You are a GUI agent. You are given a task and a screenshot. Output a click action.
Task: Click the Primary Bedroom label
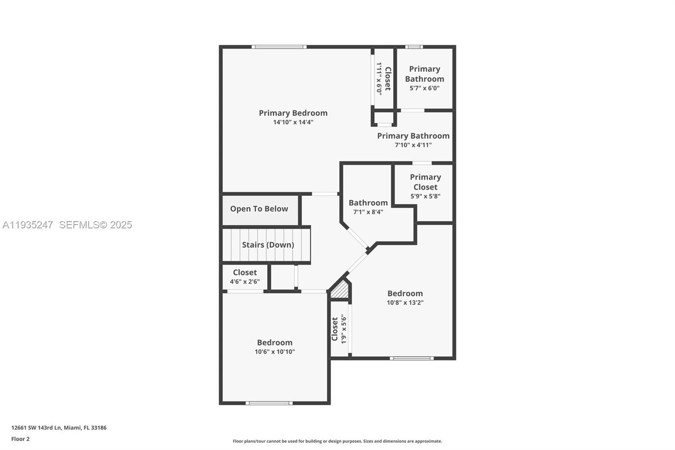[293, 113]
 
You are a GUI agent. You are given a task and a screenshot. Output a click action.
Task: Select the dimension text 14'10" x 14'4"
[293, 122]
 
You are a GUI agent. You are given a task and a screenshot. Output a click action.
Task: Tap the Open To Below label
[259, 209]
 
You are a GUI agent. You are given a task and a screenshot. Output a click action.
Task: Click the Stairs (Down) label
[267, 245]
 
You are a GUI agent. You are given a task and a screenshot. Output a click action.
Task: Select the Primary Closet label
[425, 182]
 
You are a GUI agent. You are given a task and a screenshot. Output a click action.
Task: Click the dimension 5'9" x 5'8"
[425, 196]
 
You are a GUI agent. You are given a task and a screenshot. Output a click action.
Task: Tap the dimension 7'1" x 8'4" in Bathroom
[368, 212]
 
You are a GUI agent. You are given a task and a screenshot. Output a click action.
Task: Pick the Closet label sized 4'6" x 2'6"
[245, 272]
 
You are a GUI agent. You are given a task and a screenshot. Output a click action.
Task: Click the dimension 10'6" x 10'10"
[275, 352]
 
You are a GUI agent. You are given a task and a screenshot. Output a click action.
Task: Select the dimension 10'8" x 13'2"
[405, 303]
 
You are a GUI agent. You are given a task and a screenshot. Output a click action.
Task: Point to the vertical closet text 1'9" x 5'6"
[344, 329]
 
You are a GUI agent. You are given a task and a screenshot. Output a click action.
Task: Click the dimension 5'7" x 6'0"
[424, 88]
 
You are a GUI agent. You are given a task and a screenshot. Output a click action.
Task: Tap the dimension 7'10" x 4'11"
[413, 145]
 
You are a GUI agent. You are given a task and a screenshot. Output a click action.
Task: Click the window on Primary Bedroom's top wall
[279, 47]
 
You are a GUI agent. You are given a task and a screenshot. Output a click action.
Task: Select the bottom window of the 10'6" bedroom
[269, 403]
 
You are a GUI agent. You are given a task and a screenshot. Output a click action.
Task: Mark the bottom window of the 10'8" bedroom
[411, 358]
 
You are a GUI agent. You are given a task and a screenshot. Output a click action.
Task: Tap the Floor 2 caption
[20, 439]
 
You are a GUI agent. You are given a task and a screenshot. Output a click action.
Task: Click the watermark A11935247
[28, 225]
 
